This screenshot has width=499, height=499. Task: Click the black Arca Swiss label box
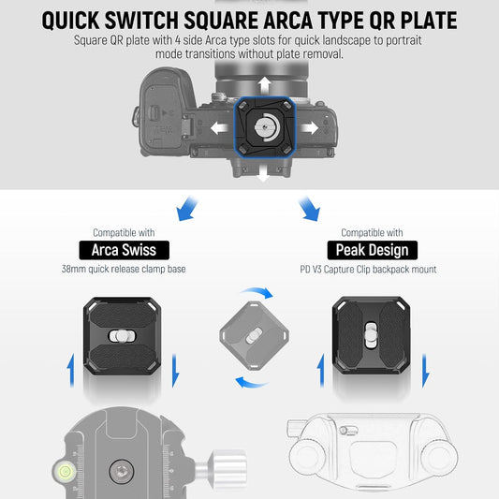tap(125, 250)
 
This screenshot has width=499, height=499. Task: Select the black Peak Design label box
tap(373, 250)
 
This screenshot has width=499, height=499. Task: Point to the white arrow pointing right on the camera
tap(309, 128)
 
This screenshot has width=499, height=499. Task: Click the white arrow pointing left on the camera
tap(220, 128)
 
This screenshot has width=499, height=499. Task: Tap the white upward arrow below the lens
tap(264, 85)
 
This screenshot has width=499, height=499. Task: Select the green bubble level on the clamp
tap(65, 471)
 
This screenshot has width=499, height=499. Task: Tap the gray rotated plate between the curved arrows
tap(254, 336)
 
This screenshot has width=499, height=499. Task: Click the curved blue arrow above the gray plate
tap(257, 293)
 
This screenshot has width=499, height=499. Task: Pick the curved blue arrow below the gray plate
tap(252, 382)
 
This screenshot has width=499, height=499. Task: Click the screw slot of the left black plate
tap(123, 336)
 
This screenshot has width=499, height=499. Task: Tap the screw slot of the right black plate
tap(371, 335)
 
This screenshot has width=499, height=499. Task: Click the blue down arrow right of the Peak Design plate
tap(425, 371)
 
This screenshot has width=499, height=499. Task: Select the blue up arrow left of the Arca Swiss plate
tap(71, 371)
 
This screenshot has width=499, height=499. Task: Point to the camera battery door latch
tap(154, 112)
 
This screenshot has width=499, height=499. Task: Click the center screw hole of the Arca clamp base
tap(122, 471)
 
